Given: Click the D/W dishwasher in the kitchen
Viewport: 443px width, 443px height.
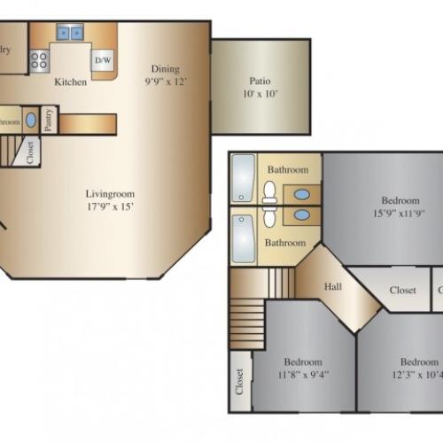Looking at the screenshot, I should click(x=102, y=59).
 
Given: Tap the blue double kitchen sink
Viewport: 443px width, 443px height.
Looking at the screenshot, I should click(x=70, y=34).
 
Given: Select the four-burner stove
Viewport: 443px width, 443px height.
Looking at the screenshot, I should click(x=39, y=60).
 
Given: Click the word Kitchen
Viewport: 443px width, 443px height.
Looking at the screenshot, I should click(x=71, y=82).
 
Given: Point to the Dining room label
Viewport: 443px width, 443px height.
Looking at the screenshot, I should click(x=165, y=69).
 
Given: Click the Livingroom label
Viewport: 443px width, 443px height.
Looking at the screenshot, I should click(x=110, y=193).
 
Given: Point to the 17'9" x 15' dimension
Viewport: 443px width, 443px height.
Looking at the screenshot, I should click(x=110, y=206).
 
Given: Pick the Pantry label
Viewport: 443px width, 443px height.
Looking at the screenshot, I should click(x=50, y=120).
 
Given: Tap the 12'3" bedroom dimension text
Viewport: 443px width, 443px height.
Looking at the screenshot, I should click(x=418, y=374).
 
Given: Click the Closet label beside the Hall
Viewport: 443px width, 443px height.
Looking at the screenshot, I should click(x=403, y=290).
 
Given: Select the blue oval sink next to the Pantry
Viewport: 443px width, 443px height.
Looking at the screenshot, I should click(x=31, y=120).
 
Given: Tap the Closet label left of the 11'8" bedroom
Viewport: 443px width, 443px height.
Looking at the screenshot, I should click(x=238, y=382).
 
